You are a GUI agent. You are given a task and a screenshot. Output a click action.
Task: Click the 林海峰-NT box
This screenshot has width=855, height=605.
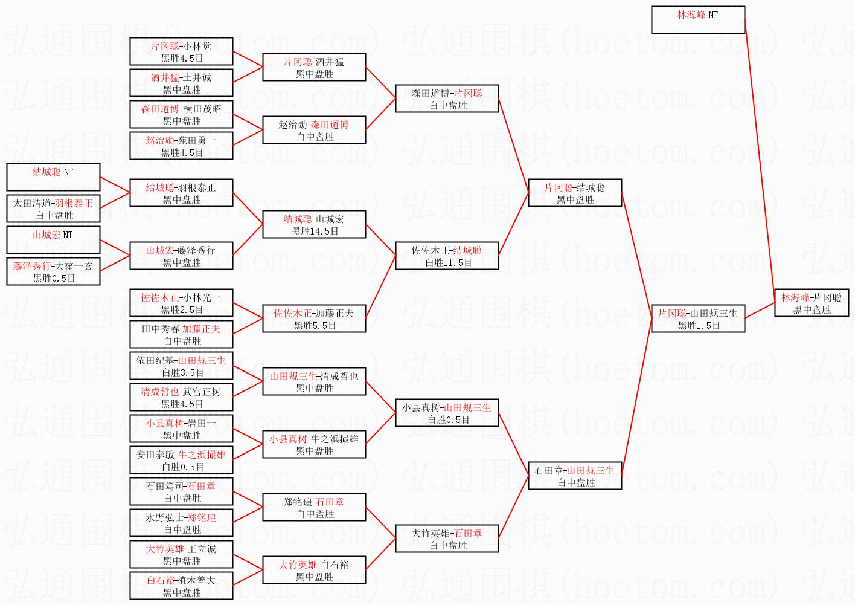(x=697, y=20)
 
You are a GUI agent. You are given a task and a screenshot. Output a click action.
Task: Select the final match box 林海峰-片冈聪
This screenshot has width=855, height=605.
(x=811, y=303)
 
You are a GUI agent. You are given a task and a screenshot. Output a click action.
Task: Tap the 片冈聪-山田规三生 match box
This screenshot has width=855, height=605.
(x=697, y=319)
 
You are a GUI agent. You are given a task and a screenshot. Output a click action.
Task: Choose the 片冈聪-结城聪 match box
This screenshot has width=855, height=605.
(x=574, y=193)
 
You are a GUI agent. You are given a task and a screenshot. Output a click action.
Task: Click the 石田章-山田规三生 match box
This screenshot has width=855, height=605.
(x=574, y=476)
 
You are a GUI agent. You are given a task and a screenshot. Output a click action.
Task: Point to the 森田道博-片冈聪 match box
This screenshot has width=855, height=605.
(x=447, y=99)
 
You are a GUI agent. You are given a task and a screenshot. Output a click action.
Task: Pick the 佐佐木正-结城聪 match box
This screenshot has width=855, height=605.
(x=447, y=256)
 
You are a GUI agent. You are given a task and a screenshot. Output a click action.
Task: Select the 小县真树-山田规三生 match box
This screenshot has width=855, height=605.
(x=447, y=413)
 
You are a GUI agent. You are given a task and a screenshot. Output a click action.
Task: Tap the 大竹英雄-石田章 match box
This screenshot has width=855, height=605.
(x=447, y=539)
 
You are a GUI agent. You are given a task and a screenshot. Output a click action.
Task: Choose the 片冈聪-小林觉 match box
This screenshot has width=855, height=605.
(x=181, y=52)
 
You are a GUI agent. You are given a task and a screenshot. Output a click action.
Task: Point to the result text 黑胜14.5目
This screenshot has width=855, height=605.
(x=315, y=231)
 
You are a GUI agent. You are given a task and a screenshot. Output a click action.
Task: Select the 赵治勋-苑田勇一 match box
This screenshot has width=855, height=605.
(x=181, y=146)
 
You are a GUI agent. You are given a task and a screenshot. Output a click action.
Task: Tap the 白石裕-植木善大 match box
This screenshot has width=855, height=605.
(x=181, y=586)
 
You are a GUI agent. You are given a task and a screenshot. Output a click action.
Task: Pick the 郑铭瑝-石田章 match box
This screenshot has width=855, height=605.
(x=314, y=508)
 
